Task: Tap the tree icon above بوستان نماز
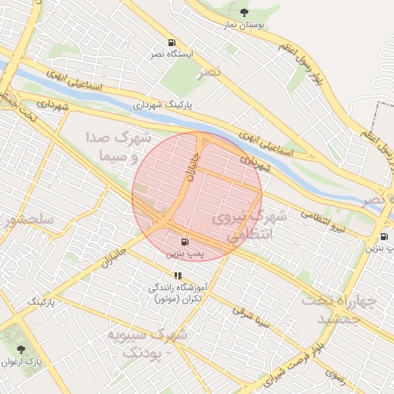click(245, 12)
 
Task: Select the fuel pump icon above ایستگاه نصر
click(170, 43)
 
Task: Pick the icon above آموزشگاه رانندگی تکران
click(178, 275)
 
